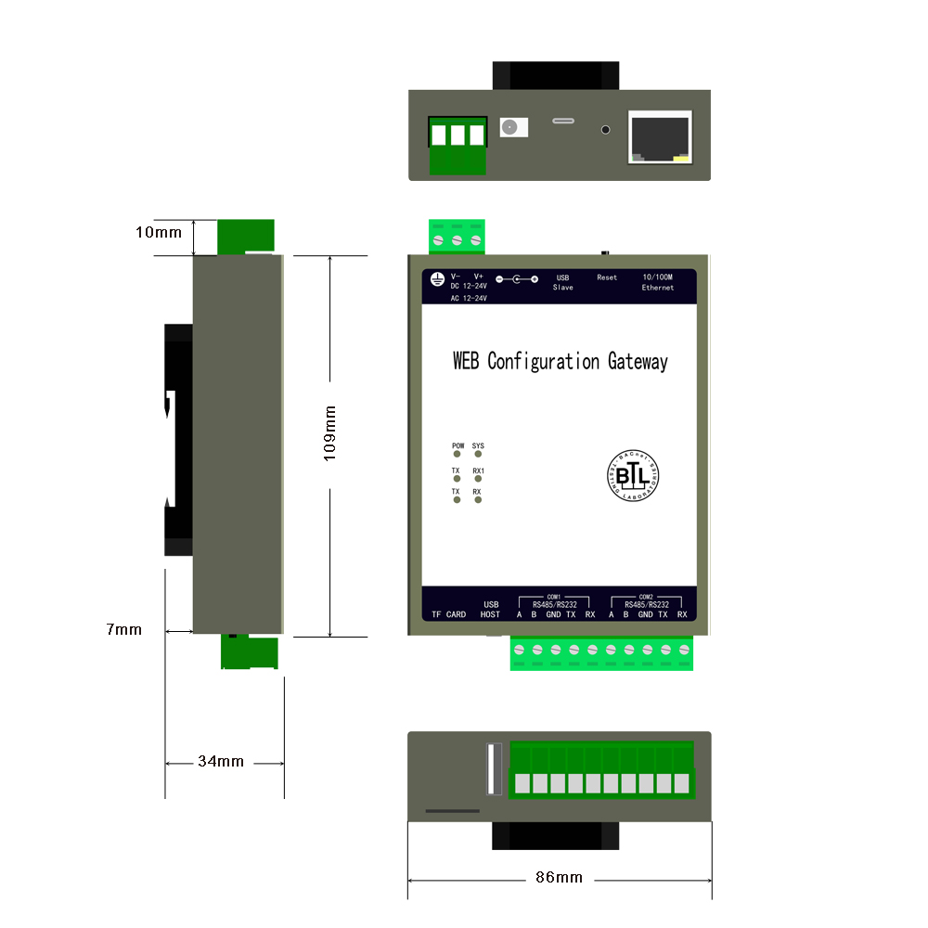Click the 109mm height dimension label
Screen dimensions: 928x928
click(329, 432)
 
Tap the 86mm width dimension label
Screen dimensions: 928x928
click(559, 877)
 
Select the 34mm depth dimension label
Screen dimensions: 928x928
click(221, 762)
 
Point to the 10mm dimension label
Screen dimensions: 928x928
click(159, 232)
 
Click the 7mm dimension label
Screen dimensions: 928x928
click(124, 629)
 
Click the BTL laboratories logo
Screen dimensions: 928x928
click(634, 476)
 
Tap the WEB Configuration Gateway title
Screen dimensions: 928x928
click(560, 361)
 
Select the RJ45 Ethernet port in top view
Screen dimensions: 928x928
click(660, 136)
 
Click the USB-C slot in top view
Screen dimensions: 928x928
click(563, 121)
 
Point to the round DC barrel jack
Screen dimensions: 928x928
click(509, 127)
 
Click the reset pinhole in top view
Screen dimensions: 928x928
click(607, 129)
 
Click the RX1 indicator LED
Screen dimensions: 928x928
click(478, 480)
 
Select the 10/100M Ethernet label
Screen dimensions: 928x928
click(657, 282)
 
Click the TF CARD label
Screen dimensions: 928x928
click(449, 614)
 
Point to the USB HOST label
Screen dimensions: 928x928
click(491, 610)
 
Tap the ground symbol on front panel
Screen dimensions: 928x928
click(437, 278)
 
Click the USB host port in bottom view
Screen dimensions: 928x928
click(494, 769)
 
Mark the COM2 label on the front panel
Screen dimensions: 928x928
click(646, 597)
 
